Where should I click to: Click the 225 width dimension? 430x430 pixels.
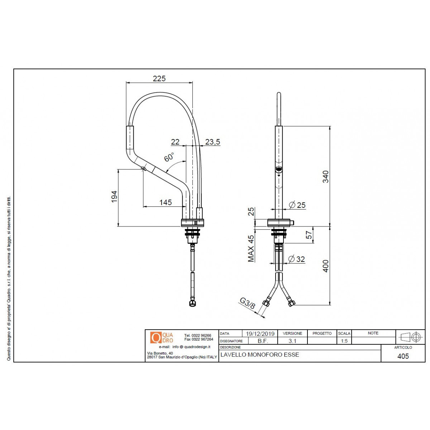click(159, 78)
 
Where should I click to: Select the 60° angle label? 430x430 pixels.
click(169, 157)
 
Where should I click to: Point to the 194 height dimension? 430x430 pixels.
click(114, 197)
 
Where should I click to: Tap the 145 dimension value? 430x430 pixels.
click(165, 202)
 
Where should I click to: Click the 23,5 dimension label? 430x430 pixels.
click(212, 142)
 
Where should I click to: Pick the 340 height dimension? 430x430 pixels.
click(325, 177)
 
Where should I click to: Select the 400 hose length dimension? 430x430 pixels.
click(325, 266)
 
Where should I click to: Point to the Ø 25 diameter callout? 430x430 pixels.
click(297, 205)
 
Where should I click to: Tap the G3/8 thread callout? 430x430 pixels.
click(247, 304)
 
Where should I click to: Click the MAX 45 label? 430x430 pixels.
click(251, 248)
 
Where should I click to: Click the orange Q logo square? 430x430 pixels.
click(156, 338)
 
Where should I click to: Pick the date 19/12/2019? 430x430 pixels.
click(260, 334)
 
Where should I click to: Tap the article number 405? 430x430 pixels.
click(403, 356)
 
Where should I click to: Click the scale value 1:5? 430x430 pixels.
click(344, 341)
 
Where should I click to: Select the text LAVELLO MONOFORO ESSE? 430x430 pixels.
click(260, 355)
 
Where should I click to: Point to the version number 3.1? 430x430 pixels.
click(292, 341)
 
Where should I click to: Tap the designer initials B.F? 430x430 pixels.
click(263, 341)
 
